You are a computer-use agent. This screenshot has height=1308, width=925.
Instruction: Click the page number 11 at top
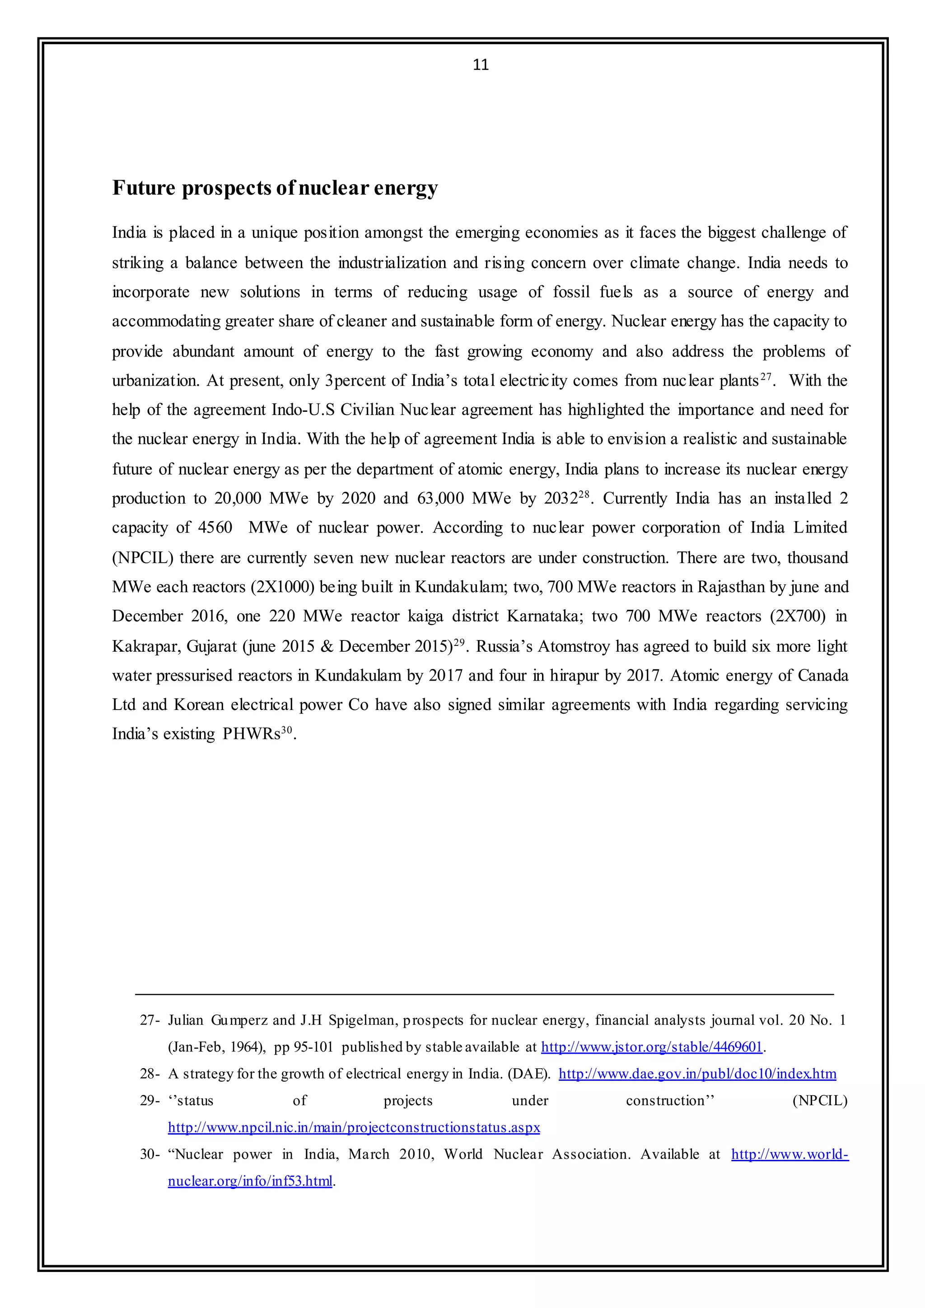[x=481, y=65]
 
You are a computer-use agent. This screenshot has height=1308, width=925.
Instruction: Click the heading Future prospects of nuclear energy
[x=275, y=187]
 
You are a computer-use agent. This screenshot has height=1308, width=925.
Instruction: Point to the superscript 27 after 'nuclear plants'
[x=766, y=377]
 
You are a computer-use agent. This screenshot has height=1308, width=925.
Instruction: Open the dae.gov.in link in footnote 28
[x=697, y=1074]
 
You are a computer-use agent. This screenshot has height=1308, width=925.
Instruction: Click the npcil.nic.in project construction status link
[x=354, y=1127]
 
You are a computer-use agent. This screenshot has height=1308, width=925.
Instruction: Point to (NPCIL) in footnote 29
[x=820, y=1101]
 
